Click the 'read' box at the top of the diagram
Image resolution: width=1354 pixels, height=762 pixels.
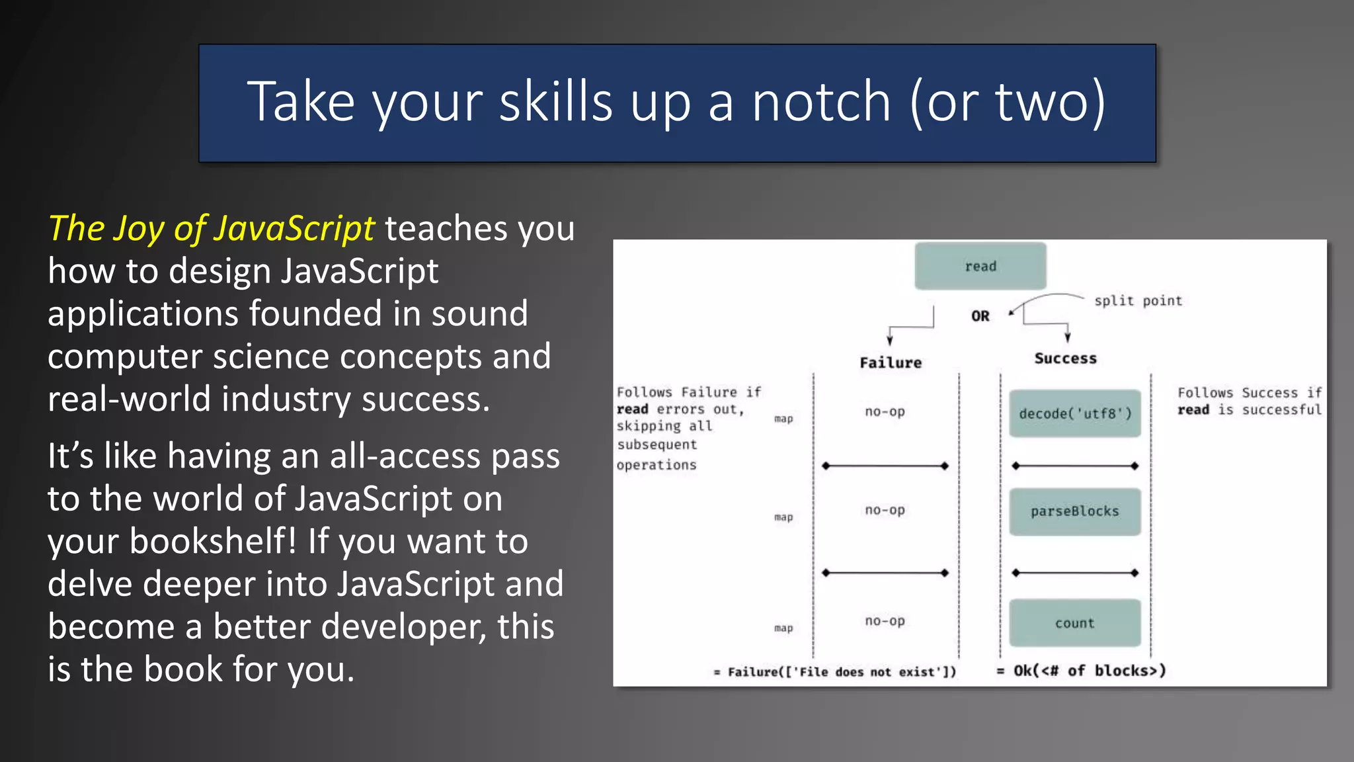[x=980, y=266]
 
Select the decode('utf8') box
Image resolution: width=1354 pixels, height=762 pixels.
[x=1074, y=413]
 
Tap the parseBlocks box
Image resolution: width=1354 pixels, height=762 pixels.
[x=1074, y=511]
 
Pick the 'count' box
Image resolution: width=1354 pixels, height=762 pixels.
[x=1074, y=623]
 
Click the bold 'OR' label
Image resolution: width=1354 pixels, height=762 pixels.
[x=980, y=316]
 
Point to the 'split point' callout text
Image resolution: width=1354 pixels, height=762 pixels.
[x=1137, y=301]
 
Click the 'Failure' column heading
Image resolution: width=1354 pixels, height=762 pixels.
[x=890, y=362]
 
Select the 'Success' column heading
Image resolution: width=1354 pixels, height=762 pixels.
[x=1065, y=359]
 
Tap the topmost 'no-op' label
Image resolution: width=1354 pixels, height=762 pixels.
[x=885, y=411]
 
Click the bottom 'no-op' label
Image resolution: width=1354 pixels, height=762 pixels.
[x=885, y=621]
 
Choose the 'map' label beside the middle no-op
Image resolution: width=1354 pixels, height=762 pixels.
[x=783, y=517]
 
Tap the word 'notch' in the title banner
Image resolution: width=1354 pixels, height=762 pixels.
[x=821, y=102]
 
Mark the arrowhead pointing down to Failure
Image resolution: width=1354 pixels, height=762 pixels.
[x=890, y=341]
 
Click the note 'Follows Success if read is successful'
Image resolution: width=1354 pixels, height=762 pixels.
[x=1249, y=402]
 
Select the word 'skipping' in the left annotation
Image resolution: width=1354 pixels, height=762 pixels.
[x=648, y=427]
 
